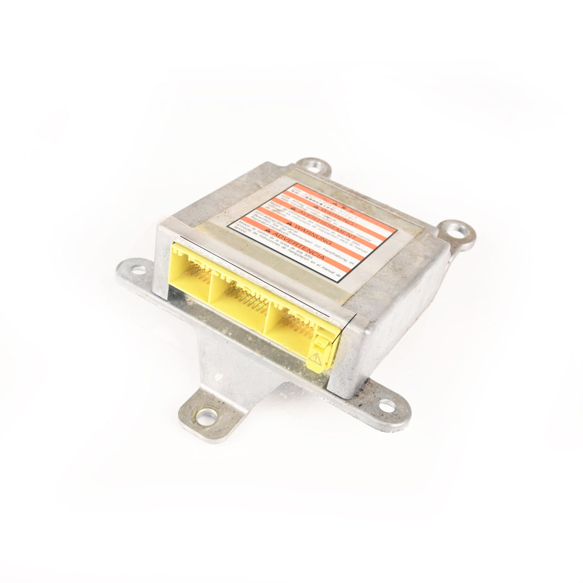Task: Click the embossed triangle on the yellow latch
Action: click(x=316, y=360)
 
